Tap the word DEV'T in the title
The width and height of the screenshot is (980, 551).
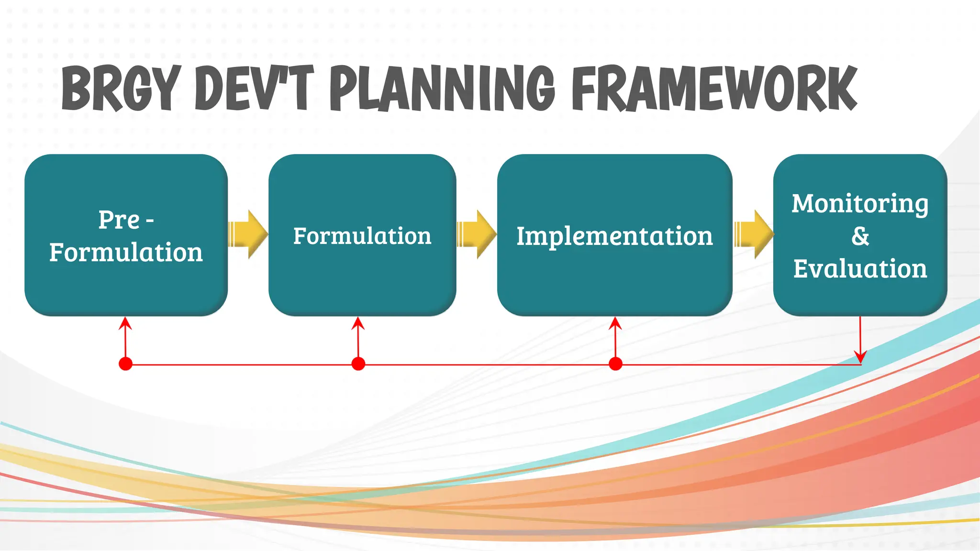(x=254, y=88)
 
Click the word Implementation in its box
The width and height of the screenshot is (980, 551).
(x=614, y=236)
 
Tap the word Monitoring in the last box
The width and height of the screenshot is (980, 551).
(x=860, y=204)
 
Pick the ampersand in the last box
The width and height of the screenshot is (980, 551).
(x=860, y=236)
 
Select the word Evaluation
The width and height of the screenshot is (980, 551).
(x=860, y=269)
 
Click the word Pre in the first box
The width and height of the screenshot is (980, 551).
(x=119, y=220)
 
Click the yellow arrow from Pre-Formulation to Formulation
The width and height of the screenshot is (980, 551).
(x=248, y=234)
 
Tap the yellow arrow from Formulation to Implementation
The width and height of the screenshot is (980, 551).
(x=477, y=234)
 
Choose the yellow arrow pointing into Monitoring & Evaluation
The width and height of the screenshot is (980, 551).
(x=754, y=234)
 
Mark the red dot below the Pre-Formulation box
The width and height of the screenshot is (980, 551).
(x=125, y=364)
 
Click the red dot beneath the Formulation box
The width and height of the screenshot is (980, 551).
(x=358, y=364)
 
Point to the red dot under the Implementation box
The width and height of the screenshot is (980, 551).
(x=615, y=364)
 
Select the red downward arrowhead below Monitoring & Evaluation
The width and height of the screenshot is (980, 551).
(x=860, y=357)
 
